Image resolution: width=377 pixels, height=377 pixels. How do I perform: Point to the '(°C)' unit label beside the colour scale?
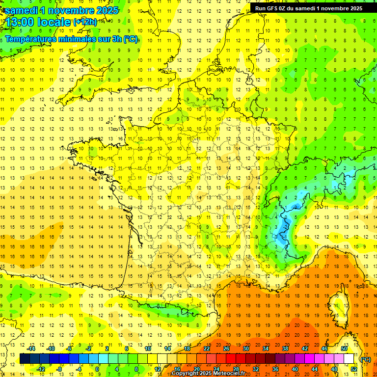pos(366,359)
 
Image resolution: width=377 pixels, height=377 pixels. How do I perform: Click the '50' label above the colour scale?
pos(344,349)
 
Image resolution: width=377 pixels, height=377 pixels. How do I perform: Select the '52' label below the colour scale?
pos(353,369)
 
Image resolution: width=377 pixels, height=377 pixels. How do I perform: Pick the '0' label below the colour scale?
pos(98,369)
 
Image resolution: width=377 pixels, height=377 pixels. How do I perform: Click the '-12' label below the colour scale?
pos(41,369)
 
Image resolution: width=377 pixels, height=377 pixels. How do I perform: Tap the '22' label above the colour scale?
pos(207,349)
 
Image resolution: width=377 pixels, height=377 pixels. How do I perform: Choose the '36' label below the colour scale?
pos(275,369)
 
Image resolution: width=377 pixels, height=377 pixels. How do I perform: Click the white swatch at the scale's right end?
pos(349,359)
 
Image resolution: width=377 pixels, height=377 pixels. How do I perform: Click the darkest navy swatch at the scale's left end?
pos(25,359)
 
